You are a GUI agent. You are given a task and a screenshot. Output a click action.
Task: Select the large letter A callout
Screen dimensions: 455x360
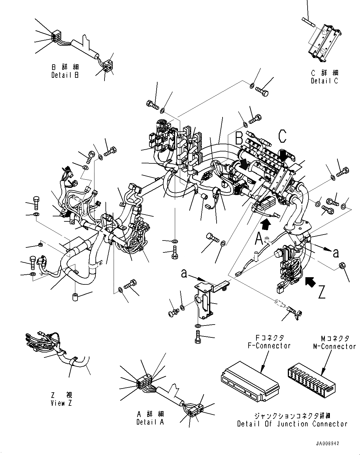259,240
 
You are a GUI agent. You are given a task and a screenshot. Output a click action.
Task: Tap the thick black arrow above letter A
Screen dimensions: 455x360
266,224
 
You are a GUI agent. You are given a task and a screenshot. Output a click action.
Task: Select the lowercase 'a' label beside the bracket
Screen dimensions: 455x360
184,273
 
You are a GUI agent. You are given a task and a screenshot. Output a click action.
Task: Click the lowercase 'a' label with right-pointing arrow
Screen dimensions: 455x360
336,252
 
